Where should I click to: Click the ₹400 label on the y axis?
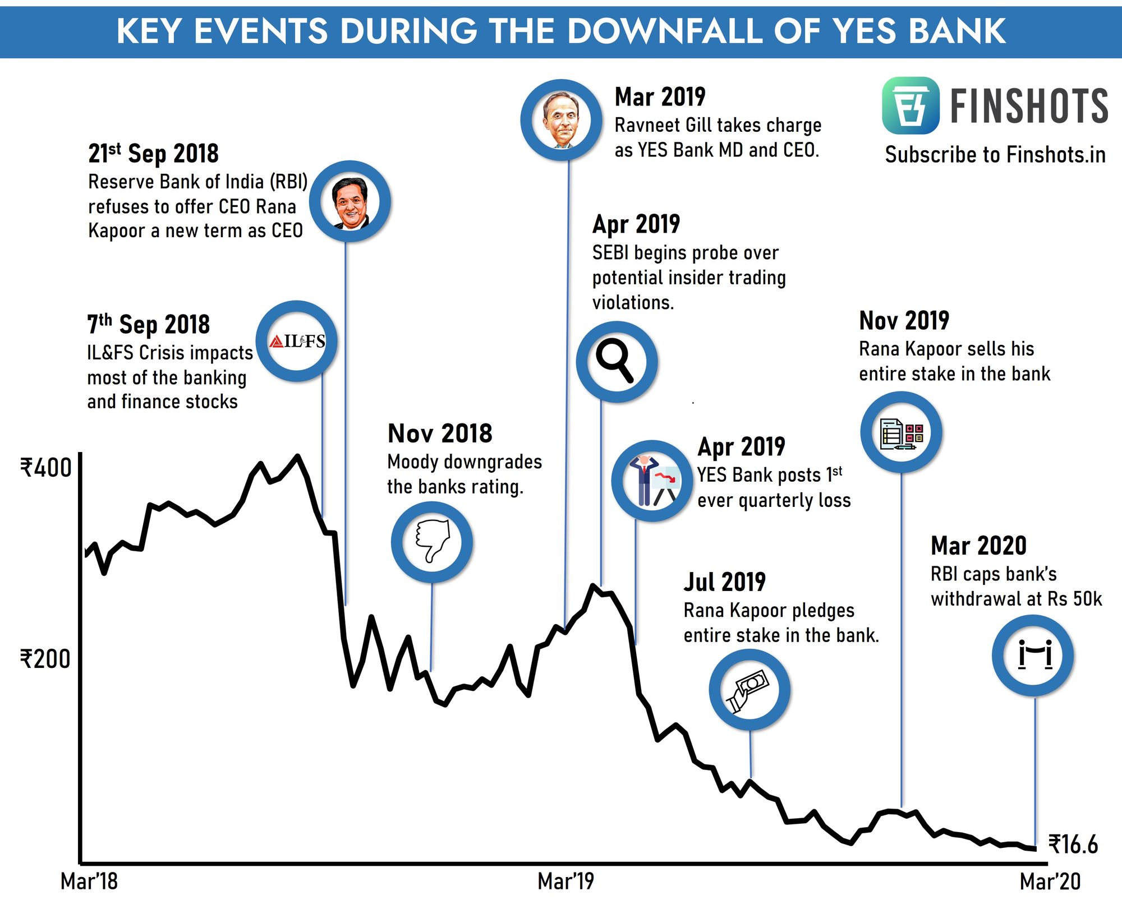pyautogui.click(x=46, y=468)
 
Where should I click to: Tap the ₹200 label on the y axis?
pyautogui.click(x=45, y=659)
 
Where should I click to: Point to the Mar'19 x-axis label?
pyautogui.click(x=565, y=882)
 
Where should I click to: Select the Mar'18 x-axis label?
pyautogui.click(x=89, y=882)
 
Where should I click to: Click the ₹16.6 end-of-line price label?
pyautogui.click(x=1073, y=845)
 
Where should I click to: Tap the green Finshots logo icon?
pyautogui.click(x=910, y=105)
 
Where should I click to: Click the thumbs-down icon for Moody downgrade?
pyautogui.click(x=432, y=541)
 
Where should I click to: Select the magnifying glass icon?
pyautogui.click(x=616, y=361)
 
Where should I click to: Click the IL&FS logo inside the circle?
pyautogui.click(x=297, y=341)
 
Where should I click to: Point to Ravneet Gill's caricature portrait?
pyautogui.click(x=561, y=120)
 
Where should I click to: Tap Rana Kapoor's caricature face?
pyautogui.click(x=350, y=202)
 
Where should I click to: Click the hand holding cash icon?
pyautogui.click(x=749, y=690)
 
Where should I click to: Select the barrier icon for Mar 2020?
pyautogui.click(x=1033, y=655)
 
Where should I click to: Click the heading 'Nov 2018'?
pyautogui.click(x=440, y=433)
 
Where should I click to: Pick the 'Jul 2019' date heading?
pyautogui.click(x=724, y=582)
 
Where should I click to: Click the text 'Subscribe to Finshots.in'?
pyautogui.click(x=995, y=155)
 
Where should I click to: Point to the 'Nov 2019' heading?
pyautogui.click(x=904, y=321)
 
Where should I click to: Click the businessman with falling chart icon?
pyautogui.click(x=652, y=481)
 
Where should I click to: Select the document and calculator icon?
pyautogui.click(x=901, y=433)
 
